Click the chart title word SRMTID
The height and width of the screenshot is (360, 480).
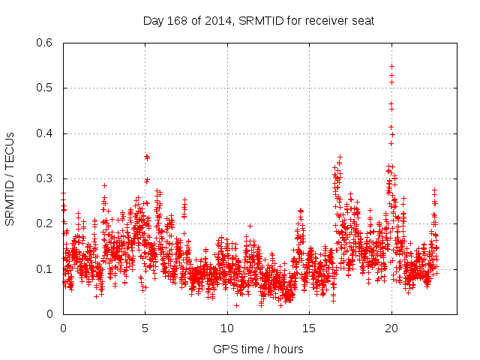coord(264,21)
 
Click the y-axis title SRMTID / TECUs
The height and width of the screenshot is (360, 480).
coord(10,178)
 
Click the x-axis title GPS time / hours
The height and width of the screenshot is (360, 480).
coord(259,349)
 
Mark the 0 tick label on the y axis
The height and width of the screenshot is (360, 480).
coord(50,314)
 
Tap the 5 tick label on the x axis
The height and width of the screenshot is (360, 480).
coord(145,328)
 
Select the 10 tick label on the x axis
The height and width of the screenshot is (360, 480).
coord(227,328)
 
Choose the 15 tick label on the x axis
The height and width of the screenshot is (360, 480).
coord(309,328)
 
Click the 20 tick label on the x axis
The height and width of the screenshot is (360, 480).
coord(391,328)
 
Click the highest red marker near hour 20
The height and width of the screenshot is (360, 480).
coord(391,66)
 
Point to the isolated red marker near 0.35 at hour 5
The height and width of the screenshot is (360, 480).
coord(147,157)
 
